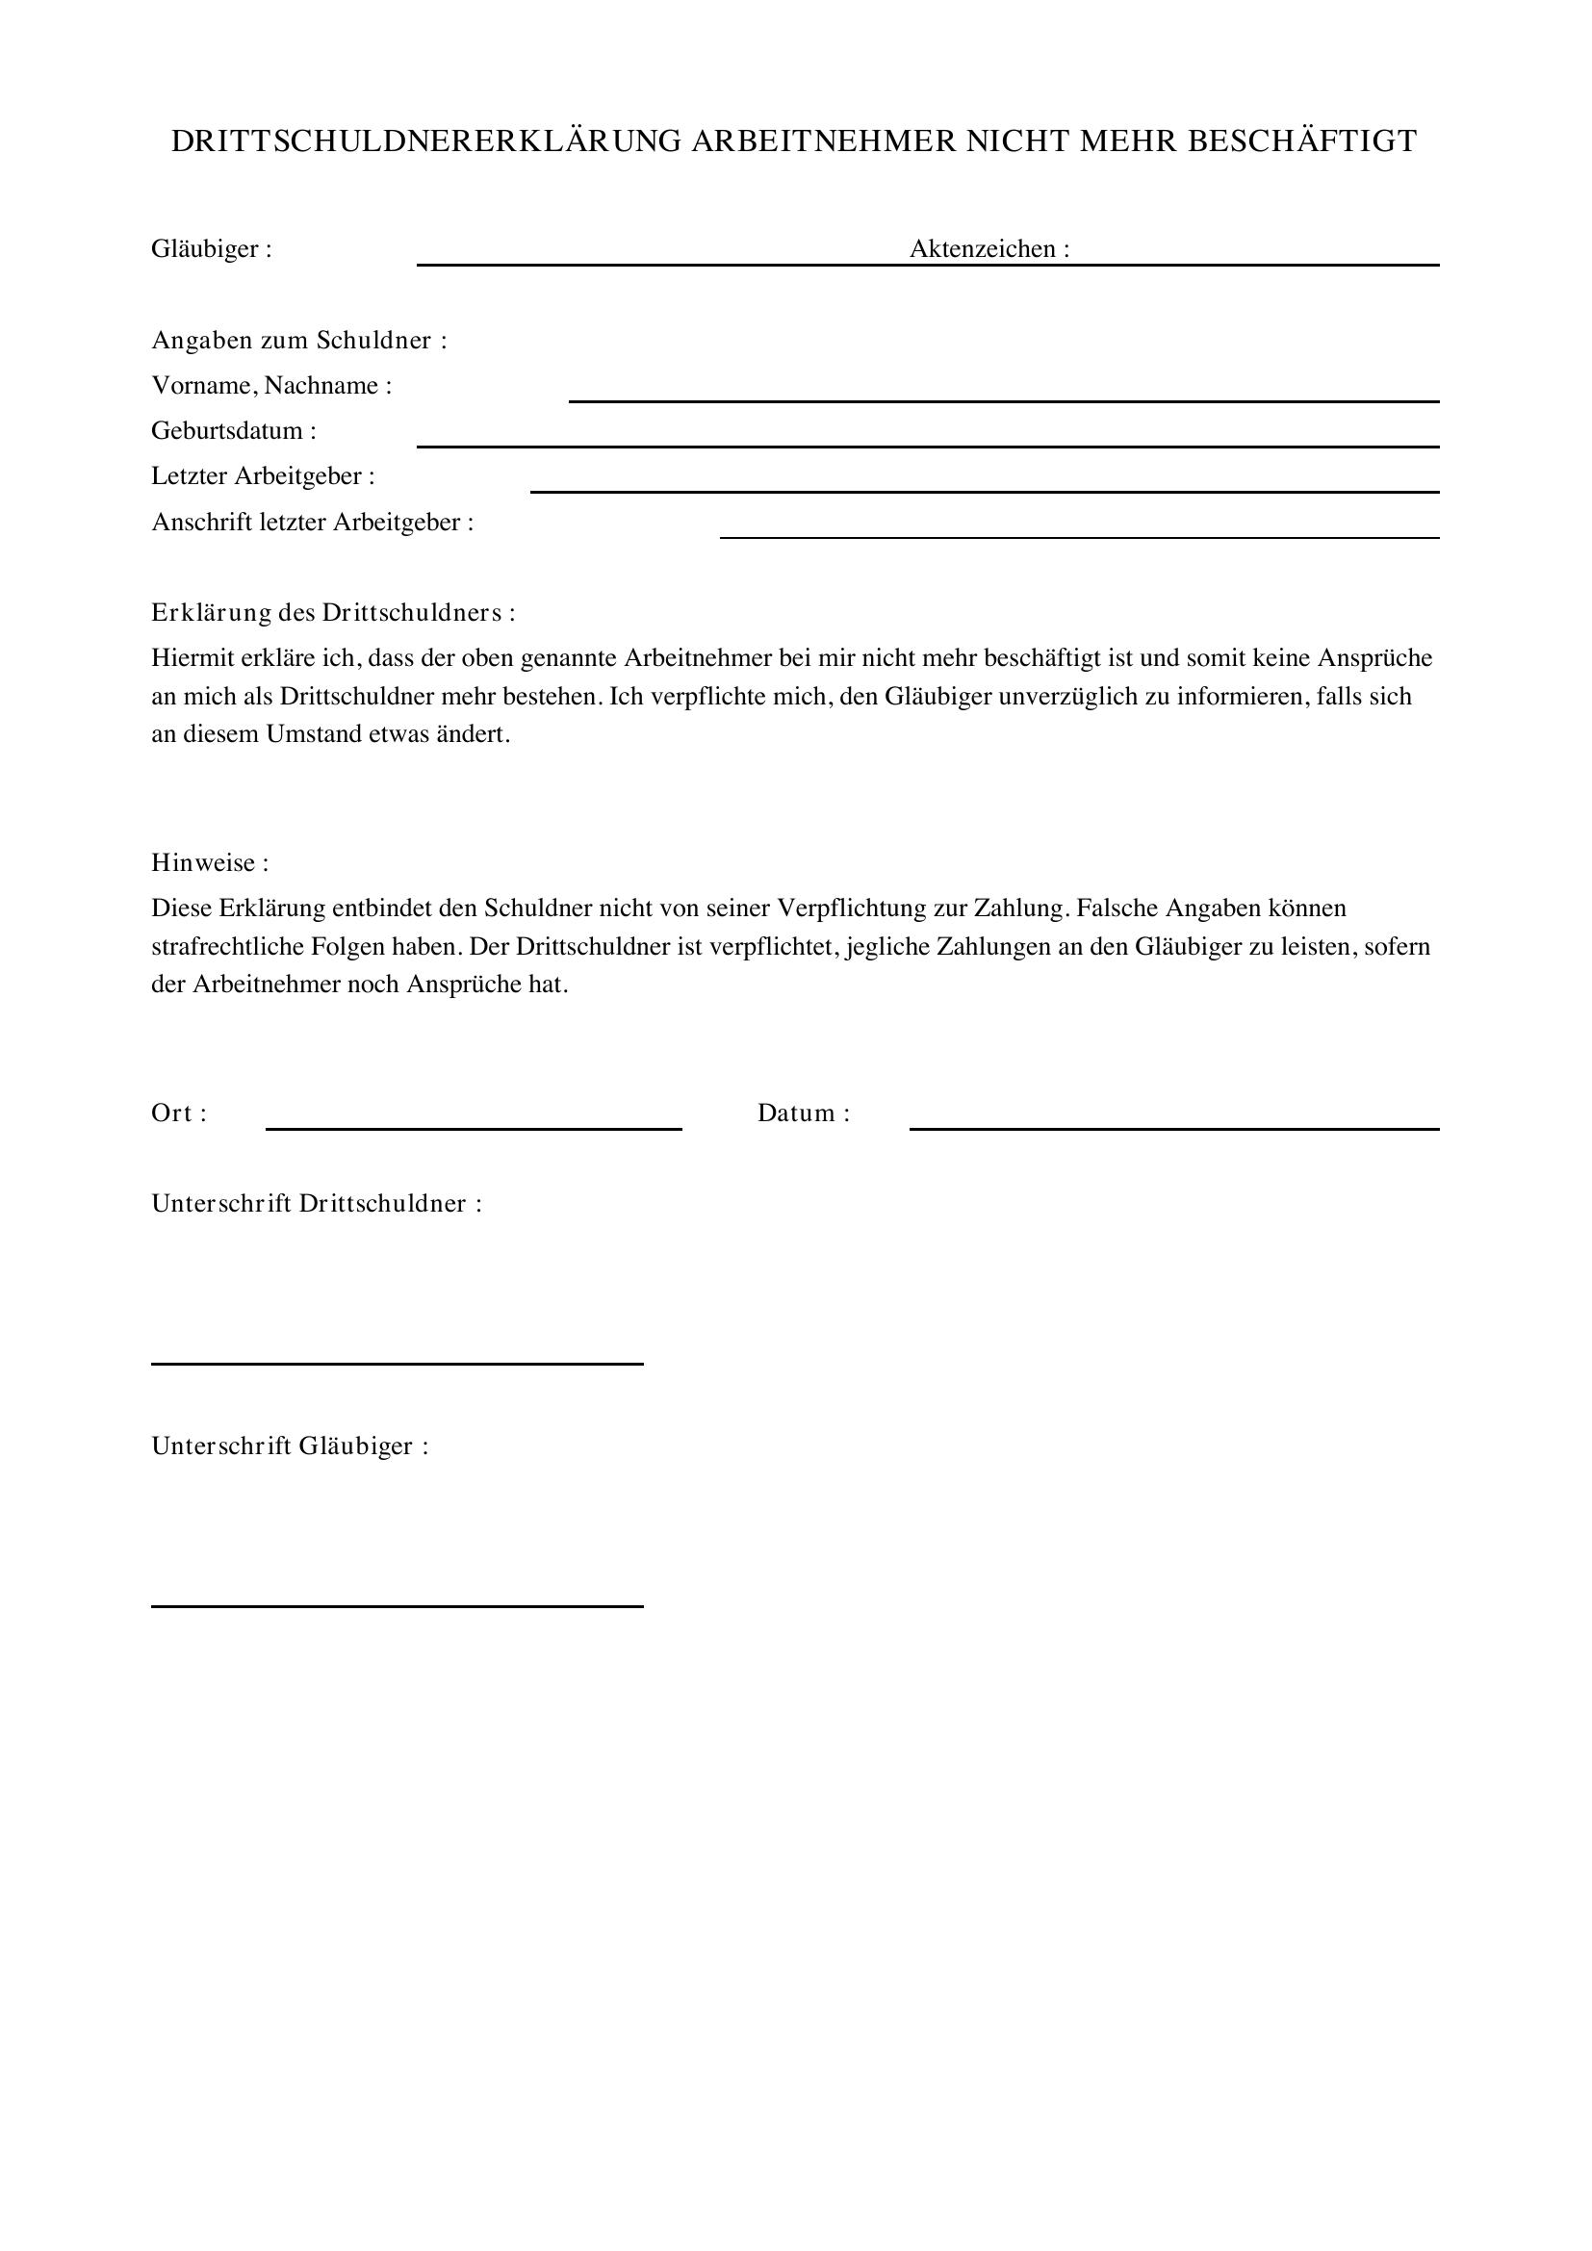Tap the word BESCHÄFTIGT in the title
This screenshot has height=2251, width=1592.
click(1302, 141)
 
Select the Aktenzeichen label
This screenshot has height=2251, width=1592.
click(989, 249)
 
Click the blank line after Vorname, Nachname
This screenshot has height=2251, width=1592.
click(1003, 399)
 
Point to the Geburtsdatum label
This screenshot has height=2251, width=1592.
click(233, 430)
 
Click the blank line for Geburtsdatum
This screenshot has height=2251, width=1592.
click(927, 446)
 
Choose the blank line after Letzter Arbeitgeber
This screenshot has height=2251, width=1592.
click(985, 490)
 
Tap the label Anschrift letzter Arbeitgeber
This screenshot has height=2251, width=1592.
click(312, 522)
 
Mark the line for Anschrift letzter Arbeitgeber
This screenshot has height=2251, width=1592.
click(1079, 536)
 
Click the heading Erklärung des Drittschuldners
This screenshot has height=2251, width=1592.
click(332, 613)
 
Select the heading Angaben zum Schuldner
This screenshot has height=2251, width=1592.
click(298, 340)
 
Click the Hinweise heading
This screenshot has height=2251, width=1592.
click(209, 862)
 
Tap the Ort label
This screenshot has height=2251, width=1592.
click(177, 1113)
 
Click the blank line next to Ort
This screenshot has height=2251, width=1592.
click(474, 1128)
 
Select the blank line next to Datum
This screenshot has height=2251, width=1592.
click(1173, 1128)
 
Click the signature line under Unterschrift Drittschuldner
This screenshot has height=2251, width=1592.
click(397, 1363)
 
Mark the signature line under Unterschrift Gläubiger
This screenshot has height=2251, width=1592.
click(397, 1605)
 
